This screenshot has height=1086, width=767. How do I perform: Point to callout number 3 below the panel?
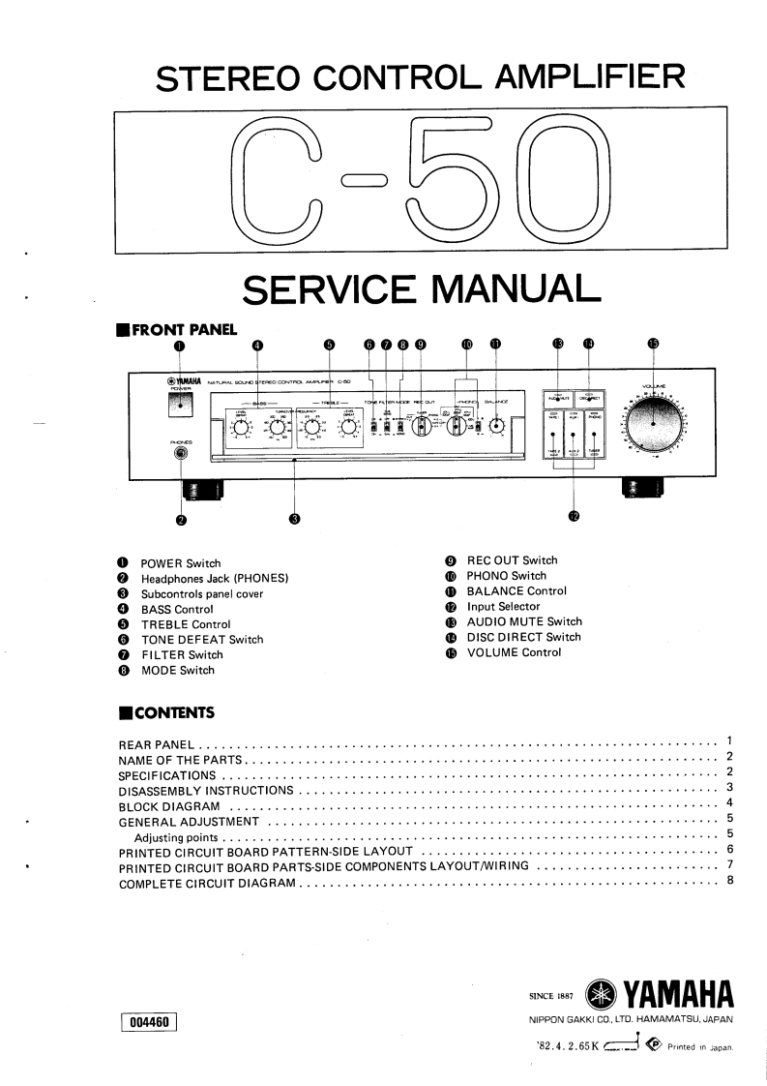coord(295,518)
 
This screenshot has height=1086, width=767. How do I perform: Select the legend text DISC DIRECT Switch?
coord(523,637)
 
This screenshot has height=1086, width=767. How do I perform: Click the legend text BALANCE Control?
coord(516,590)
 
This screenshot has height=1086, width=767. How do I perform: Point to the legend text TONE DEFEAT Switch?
coord(202,640)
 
